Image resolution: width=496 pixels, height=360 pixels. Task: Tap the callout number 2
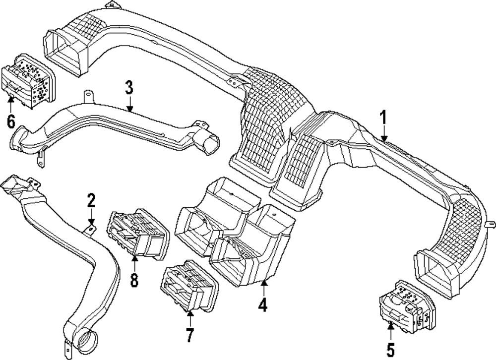click(91, 201)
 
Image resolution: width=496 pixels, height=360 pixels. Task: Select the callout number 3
click(129, 89)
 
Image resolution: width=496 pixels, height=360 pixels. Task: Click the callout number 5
click(391, 350)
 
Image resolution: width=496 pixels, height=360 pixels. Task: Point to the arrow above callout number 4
click(263, 288)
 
